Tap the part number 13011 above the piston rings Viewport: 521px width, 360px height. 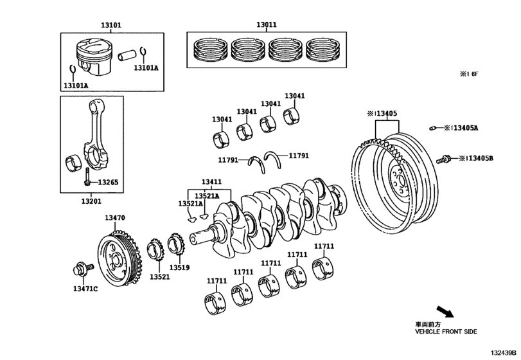267,25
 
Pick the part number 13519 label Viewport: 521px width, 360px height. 179,267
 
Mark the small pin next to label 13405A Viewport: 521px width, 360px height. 434,127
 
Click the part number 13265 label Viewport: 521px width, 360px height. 108,183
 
